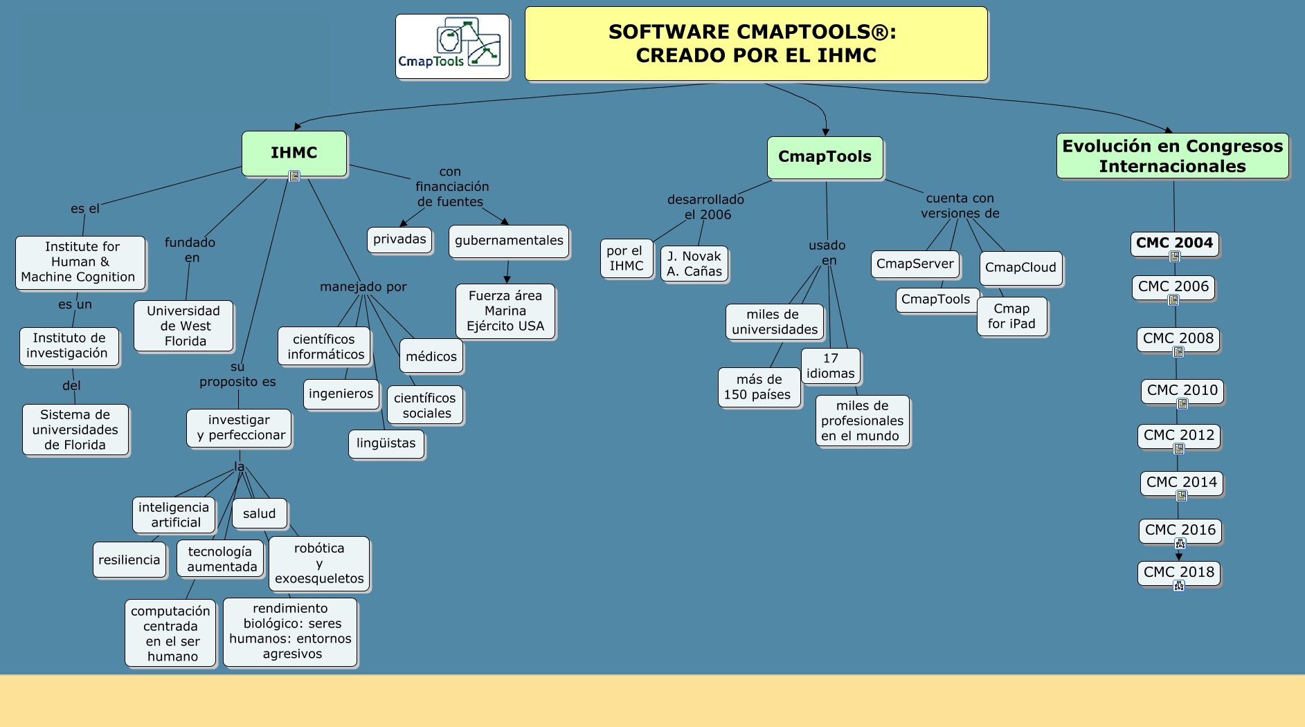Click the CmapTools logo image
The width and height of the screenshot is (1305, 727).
pyautogui.click(x=452, y=46)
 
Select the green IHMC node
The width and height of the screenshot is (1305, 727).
pyautogui.click(x=294, y=153)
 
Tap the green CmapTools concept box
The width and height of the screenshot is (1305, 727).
pyautogui.click(x=825, y=157)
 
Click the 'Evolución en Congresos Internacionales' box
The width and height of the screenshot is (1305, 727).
pyautogui.click(x=1172, y=156)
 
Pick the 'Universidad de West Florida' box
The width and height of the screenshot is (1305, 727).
pyautogui.click(x=183, y=326)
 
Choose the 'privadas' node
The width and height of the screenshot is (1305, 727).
pyautogui.click(x=399, y=240)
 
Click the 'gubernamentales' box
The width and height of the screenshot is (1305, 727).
pyautogui.click(x=509, y=241)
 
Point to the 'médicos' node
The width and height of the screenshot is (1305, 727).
pyautogui.click(x=431, y=356)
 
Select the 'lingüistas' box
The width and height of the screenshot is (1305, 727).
pyautogui.click(x=386, y=443)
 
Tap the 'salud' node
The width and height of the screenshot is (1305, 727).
pyautogui.click(x=259, y=513)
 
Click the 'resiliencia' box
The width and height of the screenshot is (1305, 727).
pyautogui.click(x=129, y=560)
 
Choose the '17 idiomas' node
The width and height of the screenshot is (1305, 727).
pyautogui.click(x=830, y=366)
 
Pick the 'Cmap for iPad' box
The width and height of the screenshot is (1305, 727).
pyautogui.click(x=1011, y=316)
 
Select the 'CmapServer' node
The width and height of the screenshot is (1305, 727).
pyautogui.click(x=915, y=264)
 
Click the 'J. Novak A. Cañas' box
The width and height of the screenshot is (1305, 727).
pyautogui.click(x=694, y=264)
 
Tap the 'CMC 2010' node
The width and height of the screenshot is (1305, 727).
pyautogui.click(x=1182, y=390)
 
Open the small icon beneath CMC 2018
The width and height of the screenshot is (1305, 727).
pyautogui.click(x=1179, y=586)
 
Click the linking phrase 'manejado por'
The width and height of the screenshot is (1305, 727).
pyautogui.click(x=363, y=287)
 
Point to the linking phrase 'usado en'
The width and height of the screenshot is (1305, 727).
pyautogui.click(x=827, y=252)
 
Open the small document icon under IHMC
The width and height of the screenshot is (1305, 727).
pyautogui.click(x=294, y=176)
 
